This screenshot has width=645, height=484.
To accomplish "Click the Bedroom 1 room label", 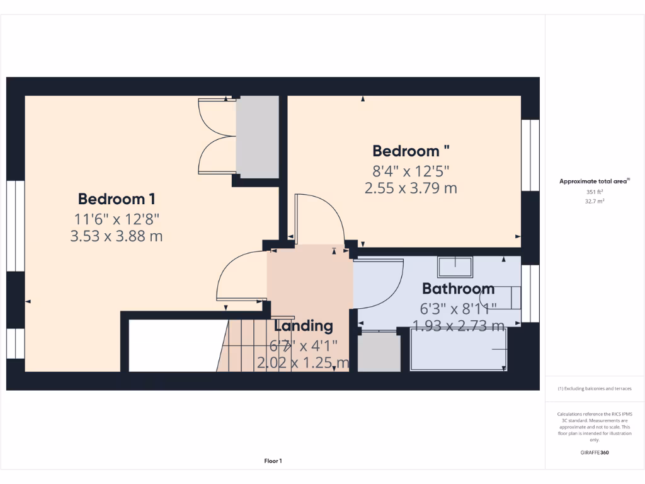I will [117, 199].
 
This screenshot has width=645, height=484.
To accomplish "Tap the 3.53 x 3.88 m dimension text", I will [117, 236].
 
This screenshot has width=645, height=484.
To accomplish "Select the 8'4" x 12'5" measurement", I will [410, 170].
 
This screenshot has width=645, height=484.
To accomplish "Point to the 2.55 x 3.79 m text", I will [411, 188].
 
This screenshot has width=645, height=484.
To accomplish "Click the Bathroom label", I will [458, 289].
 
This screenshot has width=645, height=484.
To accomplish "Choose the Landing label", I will [303, 326].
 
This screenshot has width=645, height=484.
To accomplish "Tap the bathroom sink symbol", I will [455, 267].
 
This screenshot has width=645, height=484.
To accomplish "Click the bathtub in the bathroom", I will [459, 350].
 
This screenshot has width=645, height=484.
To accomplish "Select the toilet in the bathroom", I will [504, 297].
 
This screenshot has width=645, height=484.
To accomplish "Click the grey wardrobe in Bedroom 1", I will [257, 137].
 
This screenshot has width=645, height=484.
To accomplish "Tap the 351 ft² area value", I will [595, 192].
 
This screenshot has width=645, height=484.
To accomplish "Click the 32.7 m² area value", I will [595, 202].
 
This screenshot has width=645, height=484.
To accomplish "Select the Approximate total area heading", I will [594, 181].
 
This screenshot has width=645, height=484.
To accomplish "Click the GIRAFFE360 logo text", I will [595, 452].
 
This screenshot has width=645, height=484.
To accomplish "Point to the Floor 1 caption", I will [273, 461].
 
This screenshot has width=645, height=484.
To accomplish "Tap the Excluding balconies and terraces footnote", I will [595, 389].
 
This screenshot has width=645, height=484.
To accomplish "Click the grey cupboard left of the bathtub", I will [379, 351].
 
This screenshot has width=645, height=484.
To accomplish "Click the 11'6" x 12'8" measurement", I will [117, 219].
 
